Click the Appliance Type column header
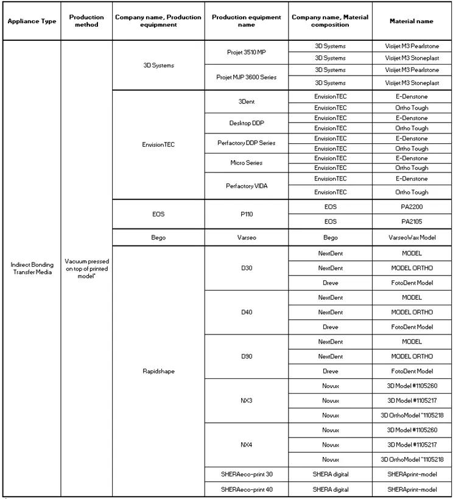point(32,21)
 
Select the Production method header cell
point(86,21)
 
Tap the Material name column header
point(412,21)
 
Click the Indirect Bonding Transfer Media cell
point(32,268)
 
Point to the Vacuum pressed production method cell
point(86,268)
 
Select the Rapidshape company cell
point(158,371)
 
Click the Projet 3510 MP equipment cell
point(246,52)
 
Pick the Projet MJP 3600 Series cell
point(246,77)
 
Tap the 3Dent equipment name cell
point(246,102)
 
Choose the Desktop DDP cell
point(246,122)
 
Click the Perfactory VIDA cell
point(246,185)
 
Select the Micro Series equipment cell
point(246,163)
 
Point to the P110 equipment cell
point(246,214)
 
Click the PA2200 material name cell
point(412,207)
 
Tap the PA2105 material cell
point(412,222)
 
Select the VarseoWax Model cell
point(412,238)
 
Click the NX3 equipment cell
point(246,400)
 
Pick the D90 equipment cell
point(246,356)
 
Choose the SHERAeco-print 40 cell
point(246,489)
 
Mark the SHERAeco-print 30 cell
point(246,474)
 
